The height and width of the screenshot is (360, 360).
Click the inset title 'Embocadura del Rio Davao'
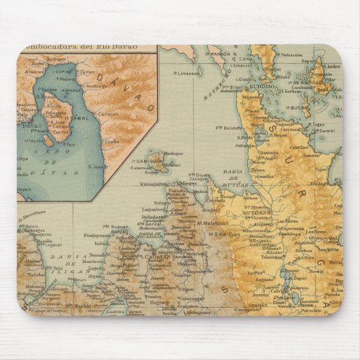[x=81, y=47]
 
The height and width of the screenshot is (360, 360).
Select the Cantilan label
[x=298, y=147]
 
